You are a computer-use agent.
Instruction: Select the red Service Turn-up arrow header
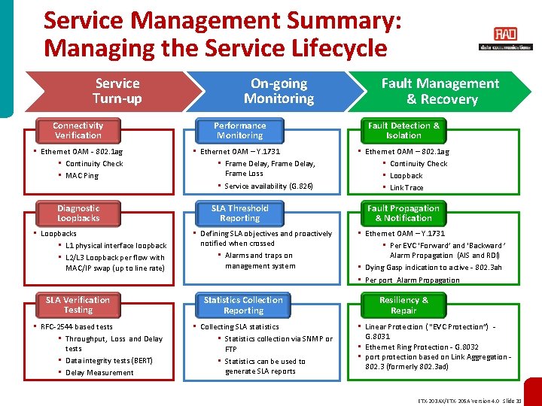click(117, 91)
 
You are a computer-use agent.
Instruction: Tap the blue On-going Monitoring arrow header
click(279, 91)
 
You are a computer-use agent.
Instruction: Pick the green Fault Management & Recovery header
click(440, 91)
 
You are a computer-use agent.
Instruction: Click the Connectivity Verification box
click(78, 131)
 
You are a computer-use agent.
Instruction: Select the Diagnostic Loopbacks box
click(78, 214)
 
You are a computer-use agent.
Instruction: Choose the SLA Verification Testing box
click(78, 305)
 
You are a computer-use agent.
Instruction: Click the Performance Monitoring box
click(239, 131)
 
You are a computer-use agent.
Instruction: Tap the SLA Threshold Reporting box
click(239, 214)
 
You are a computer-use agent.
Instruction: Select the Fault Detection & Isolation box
click(403, 131)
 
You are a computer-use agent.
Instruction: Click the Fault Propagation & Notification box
click(403, 214)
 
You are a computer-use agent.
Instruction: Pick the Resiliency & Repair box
click(403, 305)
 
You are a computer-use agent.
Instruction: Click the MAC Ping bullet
click(82, 176)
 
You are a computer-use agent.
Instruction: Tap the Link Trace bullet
click(406, 188)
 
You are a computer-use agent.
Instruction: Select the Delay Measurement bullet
click(99, 373)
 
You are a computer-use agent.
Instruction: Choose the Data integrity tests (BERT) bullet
click(109, 361)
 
